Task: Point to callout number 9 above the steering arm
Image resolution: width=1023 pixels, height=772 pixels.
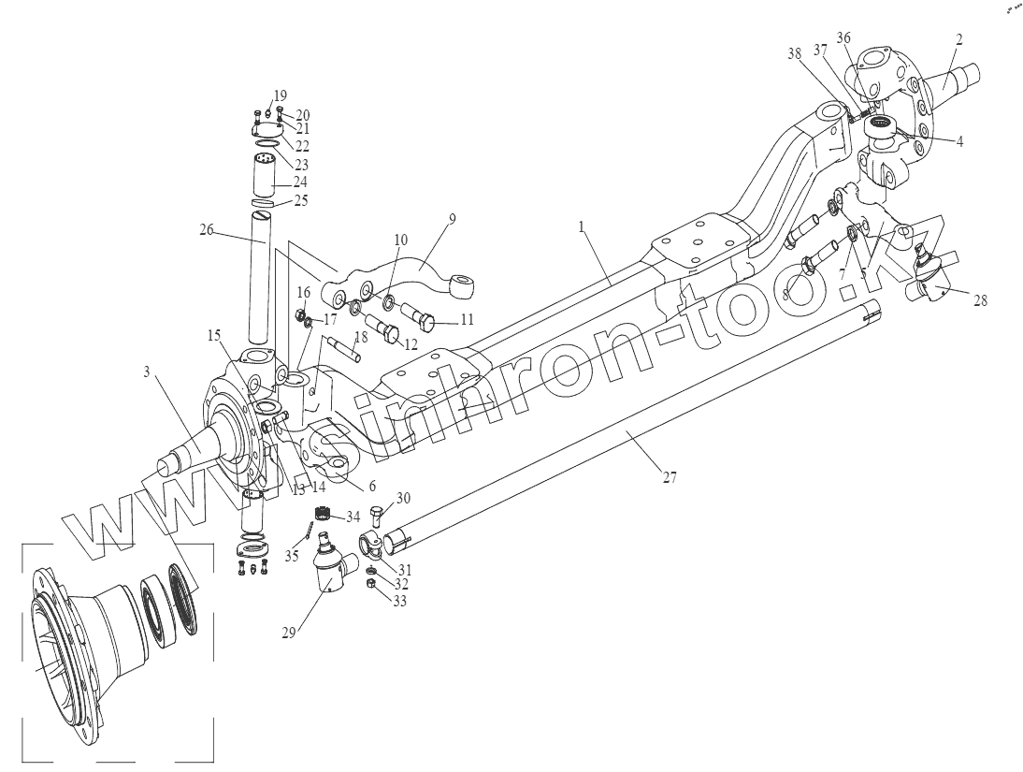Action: coord(452,220)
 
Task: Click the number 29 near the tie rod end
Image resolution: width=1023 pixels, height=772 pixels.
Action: coord(289,632)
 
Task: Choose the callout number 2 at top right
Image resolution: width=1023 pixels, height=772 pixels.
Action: coord(959,40)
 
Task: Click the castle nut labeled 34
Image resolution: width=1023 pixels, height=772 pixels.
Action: coord(323,515)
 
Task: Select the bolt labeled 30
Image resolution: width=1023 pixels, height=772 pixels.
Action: coord(376,515)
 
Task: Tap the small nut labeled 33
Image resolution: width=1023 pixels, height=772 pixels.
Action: coord(369,584)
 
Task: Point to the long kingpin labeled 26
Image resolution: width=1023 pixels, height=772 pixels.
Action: coord(259,281)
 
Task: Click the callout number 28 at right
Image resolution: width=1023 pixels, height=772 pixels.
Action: coord(978,300)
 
